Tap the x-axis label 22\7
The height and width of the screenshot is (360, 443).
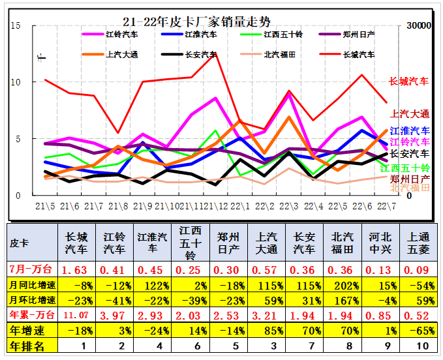(385, 207)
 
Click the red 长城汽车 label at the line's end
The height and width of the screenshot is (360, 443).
(409, 82)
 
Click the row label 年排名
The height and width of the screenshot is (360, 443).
(27, 346)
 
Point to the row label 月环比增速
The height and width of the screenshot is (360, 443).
(32, 300)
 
